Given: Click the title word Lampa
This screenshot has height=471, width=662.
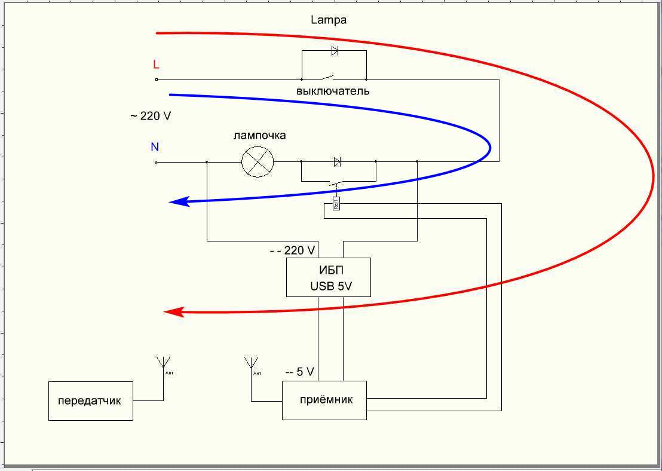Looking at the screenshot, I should (328, 20).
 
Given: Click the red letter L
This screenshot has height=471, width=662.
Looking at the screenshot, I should (157, 65).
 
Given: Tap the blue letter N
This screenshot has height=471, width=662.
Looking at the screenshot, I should (155, 147).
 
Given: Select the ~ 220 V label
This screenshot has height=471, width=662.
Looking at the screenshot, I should (151, 116).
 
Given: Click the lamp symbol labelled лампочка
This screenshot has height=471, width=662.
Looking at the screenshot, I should (257, 161).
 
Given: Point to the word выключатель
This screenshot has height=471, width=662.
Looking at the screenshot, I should (333, 91).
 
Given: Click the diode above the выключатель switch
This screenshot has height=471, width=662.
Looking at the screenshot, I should (335, 51).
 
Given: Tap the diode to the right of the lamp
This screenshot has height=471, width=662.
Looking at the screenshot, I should (337, 161).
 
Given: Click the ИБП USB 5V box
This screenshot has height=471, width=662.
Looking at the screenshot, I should (328, 277).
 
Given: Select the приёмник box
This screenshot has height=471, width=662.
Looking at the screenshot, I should (324, 400).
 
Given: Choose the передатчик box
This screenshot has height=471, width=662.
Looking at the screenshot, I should (90, 400).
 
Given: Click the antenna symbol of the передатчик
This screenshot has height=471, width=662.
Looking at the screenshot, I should (163, 363).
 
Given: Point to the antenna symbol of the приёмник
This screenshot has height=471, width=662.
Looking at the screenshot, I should (251, 363).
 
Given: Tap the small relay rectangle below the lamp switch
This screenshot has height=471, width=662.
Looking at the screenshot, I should (336, 204).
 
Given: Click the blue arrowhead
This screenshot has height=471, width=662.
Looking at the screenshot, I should (179, 202).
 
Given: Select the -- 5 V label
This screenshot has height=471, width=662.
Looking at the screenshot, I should (299, 372).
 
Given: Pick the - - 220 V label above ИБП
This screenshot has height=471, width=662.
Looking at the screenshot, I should (292, 250).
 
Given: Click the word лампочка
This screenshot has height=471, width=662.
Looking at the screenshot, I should (259, 135).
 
